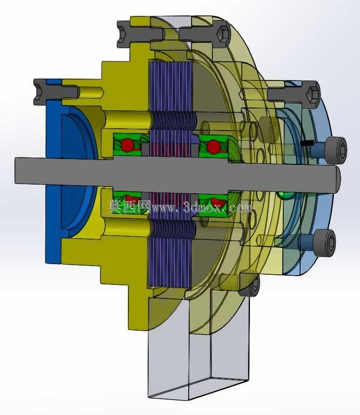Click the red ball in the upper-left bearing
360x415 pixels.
[x=128, y=145]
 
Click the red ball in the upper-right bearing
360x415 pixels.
[x=214, y=147]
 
